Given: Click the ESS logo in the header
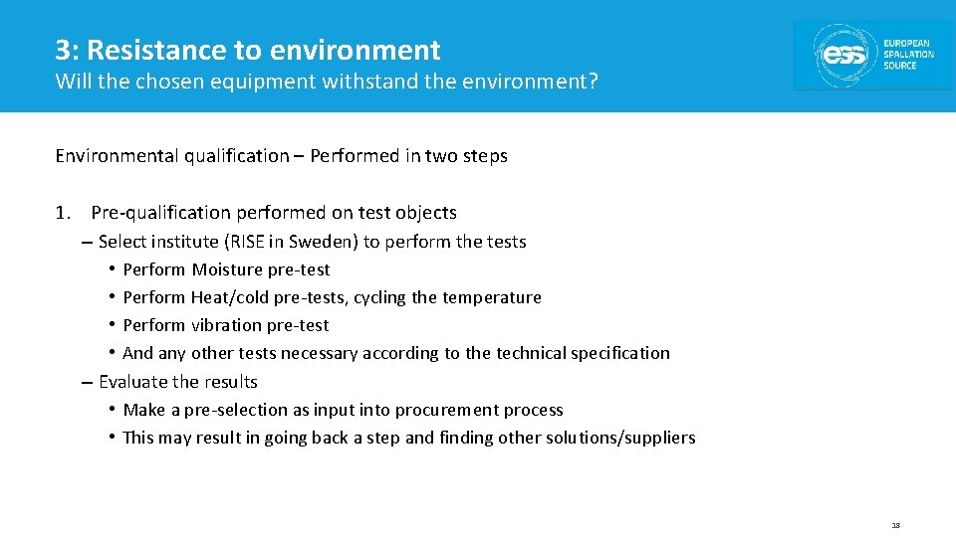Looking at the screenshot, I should [872, 55].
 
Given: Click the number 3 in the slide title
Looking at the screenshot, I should [63, 50].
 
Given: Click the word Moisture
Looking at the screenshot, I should [227, 269].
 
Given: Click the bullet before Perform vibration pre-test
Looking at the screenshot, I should [113, 325].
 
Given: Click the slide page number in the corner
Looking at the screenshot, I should [895, 524].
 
